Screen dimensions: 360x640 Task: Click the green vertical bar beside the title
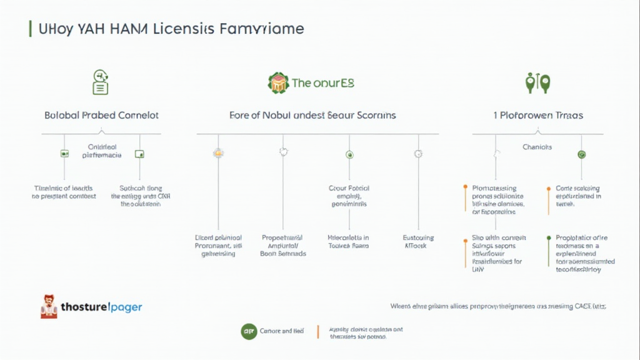[30, 29]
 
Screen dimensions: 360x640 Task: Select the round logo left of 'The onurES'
[278, 82]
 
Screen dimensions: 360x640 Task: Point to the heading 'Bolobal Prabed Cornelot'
[101, 116]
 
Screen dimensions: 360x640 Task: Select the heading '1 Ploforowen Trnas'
[538, 116]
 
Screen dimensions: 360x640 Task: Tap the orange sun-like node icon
[218, 152]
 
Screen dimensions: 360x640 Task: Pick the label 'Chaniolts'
[537, 147]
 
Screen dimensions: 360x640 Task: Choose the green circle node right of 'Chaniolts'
[582, 154]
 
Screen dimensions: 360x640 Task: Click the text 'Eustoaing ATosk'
[418, 242]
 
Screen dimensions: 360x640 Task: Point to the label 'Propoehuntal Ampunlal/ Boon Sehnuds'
[283, 246]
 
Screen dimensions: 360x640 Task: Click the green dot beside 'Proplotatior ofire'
[548, 237]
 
